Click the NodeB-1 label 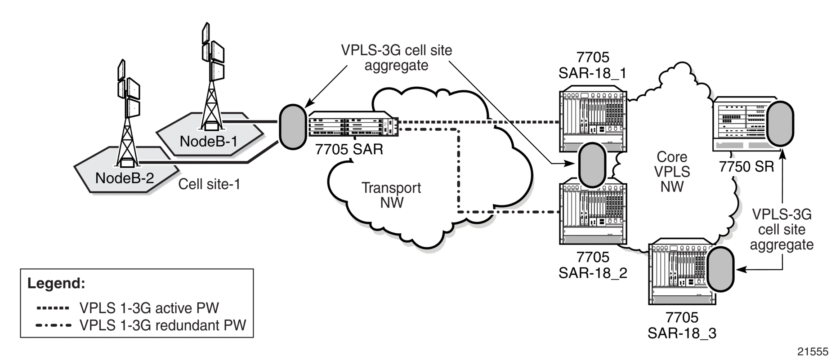click(208, 141)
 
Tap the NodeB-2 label click(125, 178)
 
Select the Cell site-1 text click(209, 184)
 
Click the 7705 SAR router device click(353, 124)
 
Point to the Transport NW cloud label click(391, 195)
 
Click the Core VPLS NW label click(672, 171)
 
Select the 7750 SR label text click(746, 167)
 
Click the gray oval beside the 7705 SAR click(293, 127)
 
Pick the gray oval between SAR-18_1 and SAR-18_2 click(592, 165)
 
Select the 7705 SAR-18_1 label click(593, 65)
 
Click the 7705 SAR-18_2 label click(593, 265)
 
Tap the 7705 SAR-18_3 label click(682, 325)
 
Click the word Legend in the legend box click(56, 284)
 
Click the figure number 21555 click(813, 351)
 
